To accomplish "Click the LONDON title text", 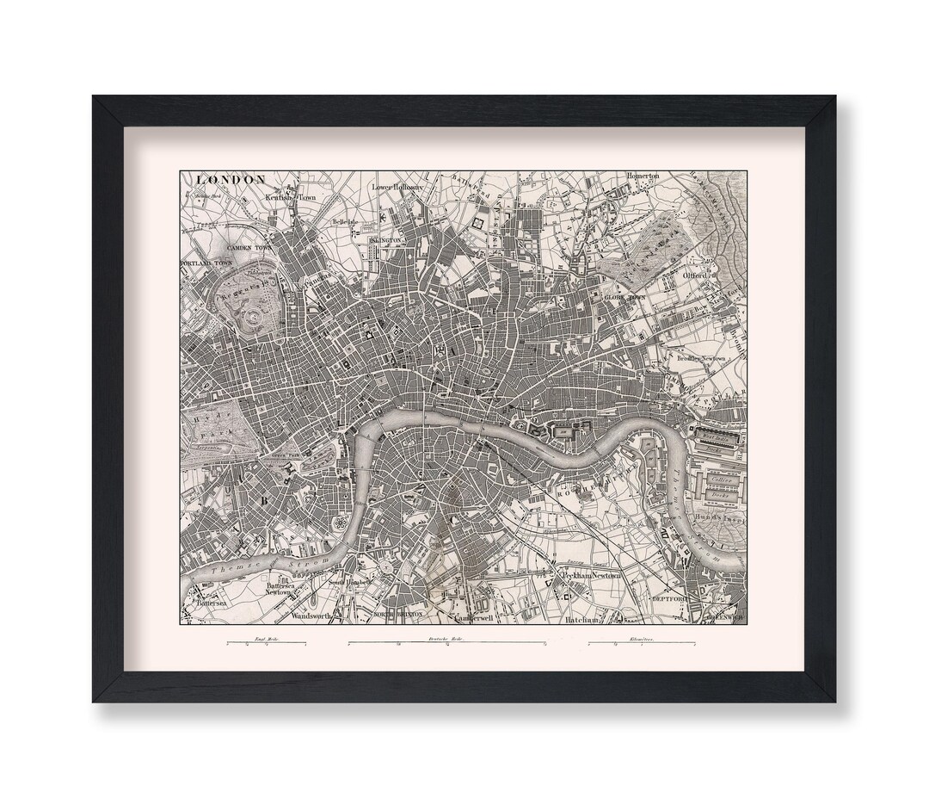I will click(231, 179).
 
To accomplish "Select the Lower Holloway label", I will click(397, 186).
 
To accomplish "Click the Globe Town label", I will click(624, 297).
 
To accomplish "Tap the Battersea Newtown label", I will click(278, 587).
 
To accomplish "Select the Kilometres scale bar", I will click(641, 643).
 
